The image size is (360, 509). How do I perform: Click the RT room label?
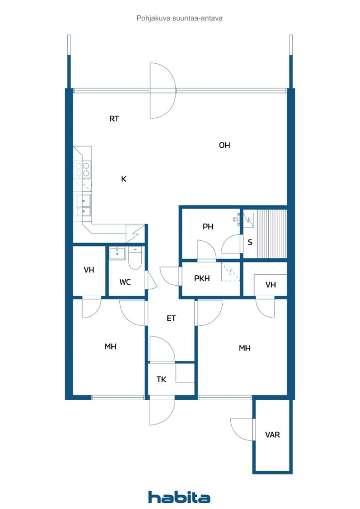(114, 119)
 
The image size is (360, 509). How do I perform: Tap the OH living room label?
(224, 145)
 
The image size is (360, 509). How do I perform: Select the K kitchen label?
(124, 179)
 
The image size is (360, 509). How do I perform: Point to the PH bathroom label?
(208, 227)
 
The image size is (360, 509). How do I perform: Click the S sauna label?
(250, 242)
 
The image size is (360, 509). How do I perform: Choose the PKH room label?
(202, 278)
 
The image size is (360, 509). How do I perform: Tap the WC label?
(125, 282)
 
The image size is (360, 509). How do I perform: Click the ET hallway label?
(171, 319)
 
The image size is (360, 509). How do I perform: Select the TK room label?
(161, 379)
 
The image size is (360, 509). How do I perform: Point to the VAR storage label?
(272, 434)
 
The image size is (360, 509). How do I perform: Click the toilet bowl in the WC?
(135, 258)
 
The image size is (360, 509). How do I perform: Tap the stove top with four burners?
(83, 170)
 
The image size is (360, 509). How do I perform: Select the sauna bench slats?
(271, 234)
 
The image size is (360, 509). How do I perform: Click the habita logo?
(179, 497)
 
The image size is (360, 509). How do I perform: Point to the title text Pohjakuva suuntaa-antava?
(180, 18)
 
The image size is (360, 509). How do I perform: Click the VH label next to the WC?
(89, 270)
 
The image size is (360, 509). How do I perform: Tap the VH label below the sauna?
(270, 285)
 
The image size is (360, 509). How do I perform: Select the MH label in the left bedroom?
(110, 346)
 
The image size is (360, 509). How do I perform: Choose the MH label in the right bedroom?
(245, 348)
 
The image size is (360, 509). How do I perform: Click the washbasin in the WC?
(117, 253)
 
